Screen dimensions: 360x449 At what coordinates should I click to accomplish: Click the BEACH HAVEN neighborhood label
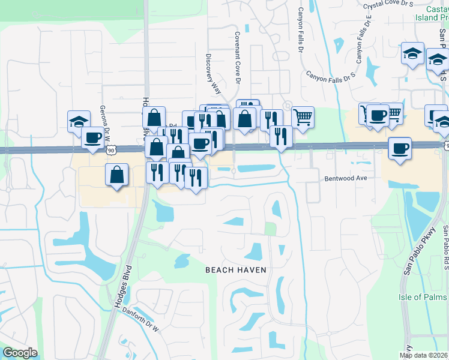coord(235,270)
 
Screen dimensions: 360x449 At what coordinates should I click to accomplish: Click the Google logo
coord(20,353)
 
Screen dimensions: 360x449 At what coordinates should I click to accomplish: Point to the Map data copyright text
coord(424,355)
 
